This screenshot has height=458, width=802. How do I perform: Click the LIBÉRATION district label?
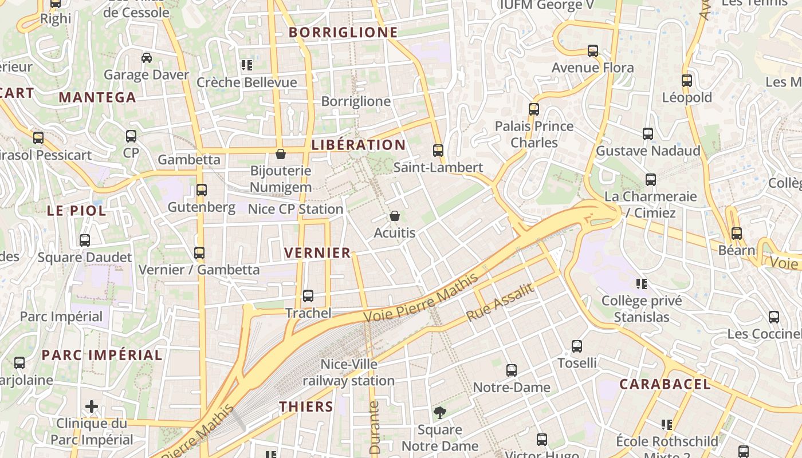click(358, 145)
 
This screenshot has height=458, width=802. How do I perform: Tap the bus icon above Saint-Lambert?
click(438, 151)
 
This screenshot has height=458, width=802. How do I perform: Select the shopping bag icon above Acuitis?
click(395, 216)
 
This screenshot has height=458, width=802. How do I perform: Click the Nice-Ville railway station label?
click(348, 372)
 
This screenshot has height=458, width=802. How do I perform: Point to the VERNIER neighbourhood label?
click(317, 252)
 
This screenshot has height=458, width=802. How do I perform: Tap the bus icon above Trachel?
click(308, 296)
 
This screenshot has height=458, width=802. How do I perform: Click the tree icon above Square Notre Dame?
click(439, 412)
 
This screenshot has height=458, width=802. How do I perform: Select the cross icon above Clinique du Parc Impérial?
click(91, 407)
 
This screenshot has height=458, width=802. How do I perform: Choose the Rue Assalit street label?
click(500, 302)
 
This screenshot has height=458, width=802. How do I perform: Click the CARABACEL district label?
click(665, 384)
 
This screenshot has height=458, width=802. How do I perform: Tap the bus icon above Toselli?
click(577, 346)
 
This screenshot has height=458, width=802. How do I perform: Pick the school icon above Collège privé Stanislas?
click(642, 284)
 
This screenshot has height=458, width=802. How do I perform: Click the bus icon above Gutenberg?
click(202, 190)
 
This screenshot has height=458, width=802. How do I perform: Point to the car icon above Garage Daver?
click(147, 58)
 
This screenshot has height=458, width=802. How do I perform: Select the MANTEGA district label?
click(97, 97)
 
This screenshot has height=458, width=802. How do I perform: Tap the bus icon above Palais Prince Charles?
click(534, 109)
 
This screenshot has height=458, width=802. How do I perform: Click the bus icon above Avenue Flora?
click(593, 51)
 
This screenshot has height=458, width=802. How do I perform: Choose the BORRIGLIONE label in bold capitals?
click(343, 32)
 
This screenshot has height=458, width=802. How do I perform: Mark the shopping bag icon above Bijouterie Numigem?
click(281, 154)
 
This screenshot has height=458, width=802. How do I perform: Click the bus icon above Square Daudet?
click(85, 240)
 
